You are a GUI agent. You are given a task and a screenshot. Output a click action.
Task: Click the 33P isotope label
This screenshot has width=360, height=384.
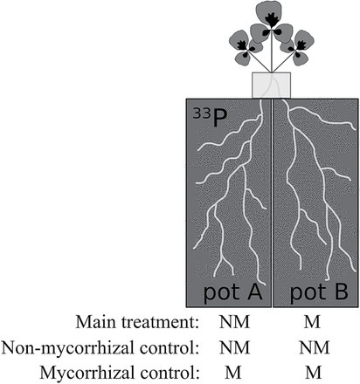point(210,118)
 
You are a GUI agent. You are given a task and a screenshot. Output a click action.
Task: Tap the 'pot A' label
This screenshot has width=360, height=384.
point(232,292)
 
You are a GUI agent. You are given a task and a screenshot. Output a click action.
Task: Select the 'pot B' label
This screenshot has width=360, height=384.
point(319,292)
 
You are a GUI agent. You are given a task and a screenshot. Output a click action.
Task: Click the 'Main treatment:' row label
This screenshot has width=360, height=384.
point(137,322)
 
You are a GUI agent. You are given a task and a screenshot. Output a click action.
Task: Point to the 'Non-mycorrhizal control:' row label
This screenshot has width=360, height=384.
point(100,347)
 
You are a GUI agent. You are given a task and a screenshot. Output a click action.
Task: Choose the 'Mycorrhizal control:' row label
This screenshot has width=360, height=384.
point(120,373)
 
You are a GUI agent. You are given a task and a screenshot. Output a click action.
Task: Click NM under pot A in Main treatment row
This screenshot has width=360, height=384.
point(234,322)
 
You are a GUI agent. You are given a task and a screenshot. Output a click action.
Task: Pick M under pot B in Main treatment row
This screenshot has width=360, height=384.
point(312,322)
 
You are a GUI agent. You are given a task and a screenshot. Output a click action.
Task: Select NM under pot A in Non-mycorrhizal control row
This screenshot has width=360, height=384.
point(234,347)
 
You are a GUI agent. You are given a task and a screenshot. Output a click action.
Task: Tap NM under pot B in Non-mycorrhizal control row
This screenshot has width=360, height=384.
point(314,347)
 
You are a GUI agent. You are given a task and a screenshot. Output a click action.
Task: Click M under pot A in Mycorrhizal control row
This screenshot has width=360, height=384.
point(233,373)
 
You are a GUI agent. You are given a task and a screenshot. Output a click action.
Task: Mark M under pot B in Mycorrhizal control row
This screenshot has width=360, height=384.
point(314,373)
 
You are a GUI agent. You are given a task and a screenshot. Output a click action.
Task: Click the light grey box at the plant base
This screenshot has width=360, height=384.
point(271,86)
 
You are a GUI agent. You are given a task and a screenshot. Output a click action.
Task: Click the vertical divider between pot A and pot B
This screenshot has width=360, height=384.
point(272,202)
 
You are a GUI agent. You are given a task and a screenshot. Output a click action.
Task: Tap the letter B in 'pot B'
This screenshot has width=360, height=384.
point(340,291)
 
